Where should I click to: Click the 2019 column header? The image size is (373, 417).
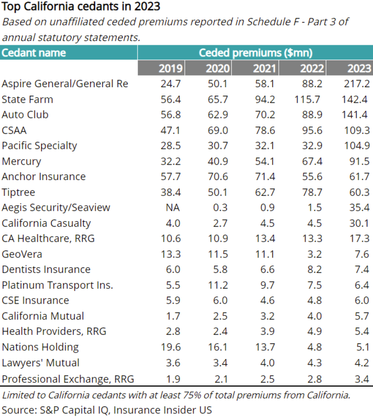171,69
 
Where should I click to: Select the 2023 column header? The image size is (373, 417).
359,69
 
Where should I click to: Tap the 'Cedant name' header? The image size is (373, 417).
34,53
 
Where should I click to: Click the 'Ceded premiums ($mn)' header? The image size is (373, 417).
255,53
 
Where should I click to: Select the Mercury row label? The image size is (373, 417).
21,161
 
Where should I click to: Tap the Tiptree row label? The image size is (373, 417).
18,192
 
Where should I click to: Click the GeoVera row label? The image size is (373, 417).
22,254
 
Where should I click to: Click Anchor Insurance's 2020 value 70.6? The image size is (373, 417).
218,177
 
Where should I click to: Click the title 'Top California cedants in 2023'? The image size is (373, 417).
81,7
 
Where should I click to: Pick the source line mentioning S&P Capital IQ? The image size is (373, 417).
107,410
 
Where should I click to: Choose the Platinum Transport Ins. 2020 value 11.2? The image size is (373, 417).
218,285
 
